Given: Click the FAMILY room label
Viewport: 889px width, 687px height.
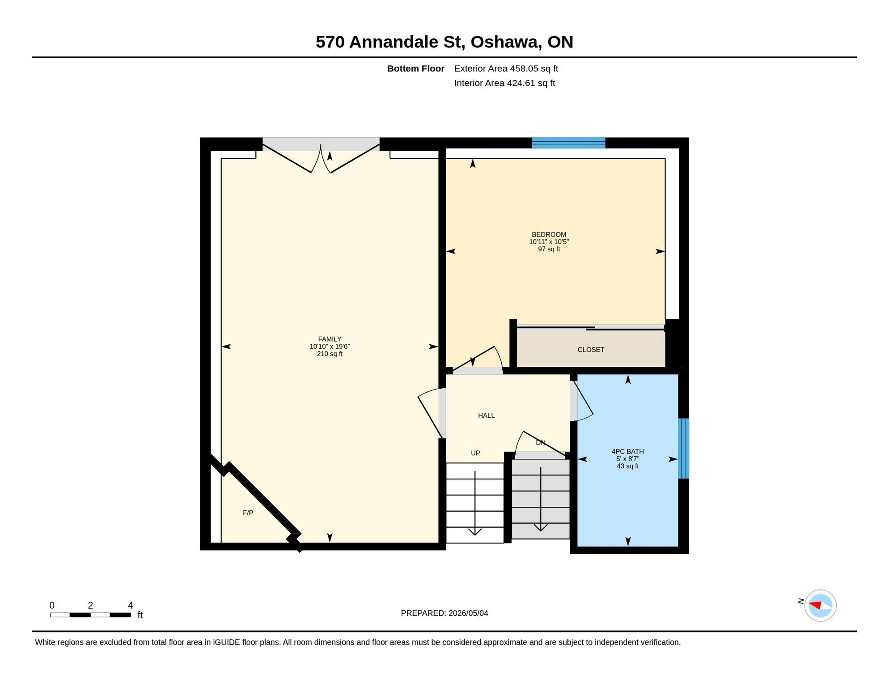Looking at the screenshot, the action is point(330,339).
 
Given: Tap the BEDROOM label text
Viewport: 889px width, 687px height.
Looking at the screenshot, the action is point(549,234).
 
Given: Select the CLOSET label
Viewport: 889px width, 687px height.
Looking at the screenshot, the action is point(591,350).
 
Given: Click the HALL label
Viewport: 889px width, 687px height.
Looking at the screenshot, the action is point(486,416).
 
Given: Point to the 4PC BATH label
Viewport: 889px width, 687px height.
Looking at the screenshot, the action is point(627,452).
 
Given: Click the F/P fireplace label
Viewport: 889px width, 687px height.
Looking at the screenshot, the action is point(248,513).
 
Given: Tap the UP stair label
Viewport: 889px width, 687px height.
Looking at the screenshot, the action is point(475,453).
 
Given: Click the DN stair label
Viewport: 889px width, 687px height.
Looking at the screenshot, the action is point(541,442).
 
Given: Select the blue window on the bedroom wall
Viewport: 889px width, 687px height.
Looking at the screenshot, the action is point(568,143).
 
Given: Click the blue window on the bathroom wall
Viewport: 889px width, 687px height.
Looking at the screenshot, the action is point(683,448).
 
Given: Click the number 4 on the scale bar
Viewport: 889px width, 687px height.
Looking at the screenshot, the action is point(130,605).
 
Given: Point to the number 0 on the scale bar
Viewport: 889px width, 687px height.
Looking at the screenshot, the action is point(52,605).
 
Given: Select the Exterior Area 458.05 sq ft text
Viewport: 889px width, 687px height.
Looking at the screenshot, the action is point(506,68).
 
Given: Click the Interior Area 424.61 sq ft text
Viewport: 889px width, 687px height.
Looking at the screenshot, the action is point(504,83).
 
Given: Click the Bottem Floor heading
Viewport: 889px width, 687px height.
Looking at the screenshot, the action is point(415,68).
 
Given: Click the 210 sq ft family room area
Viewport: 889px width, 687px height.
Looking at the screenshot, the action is point(330,354).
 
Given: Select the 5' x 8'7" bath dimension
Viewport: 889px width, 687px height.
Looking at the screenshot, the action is point(627,459).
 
